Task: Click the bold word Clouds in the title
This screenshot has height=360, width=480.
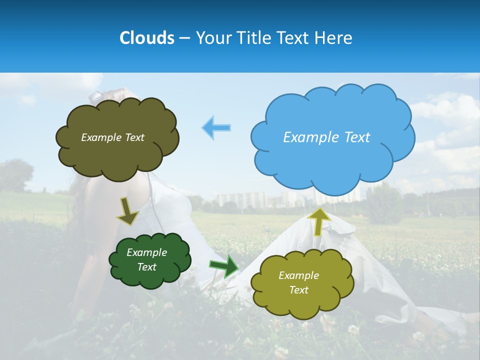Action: click(147, 38)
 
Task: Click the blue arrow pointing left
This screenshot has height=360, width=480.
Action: click(216, 127)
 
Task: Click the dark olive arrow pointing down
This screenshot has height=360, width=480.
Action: click(128, 212)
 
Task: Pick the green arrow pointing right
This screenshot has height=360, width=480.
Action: click(224, 266)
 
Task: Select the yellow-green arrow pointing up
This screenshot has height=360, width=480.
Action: click(319, 221)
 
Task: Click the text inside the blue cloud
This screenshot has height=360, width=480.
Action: click(326, 137)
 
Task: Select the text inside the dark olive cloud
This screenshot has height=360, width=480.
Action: click(112, 137)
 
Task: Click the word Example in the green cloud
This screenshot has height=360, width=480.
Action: click(146, 252)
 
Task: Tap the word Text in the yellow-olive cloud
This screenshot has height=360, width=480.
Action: click(298, 290)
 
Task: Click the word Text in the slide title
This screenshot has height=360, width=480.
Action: click(293, 38)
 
